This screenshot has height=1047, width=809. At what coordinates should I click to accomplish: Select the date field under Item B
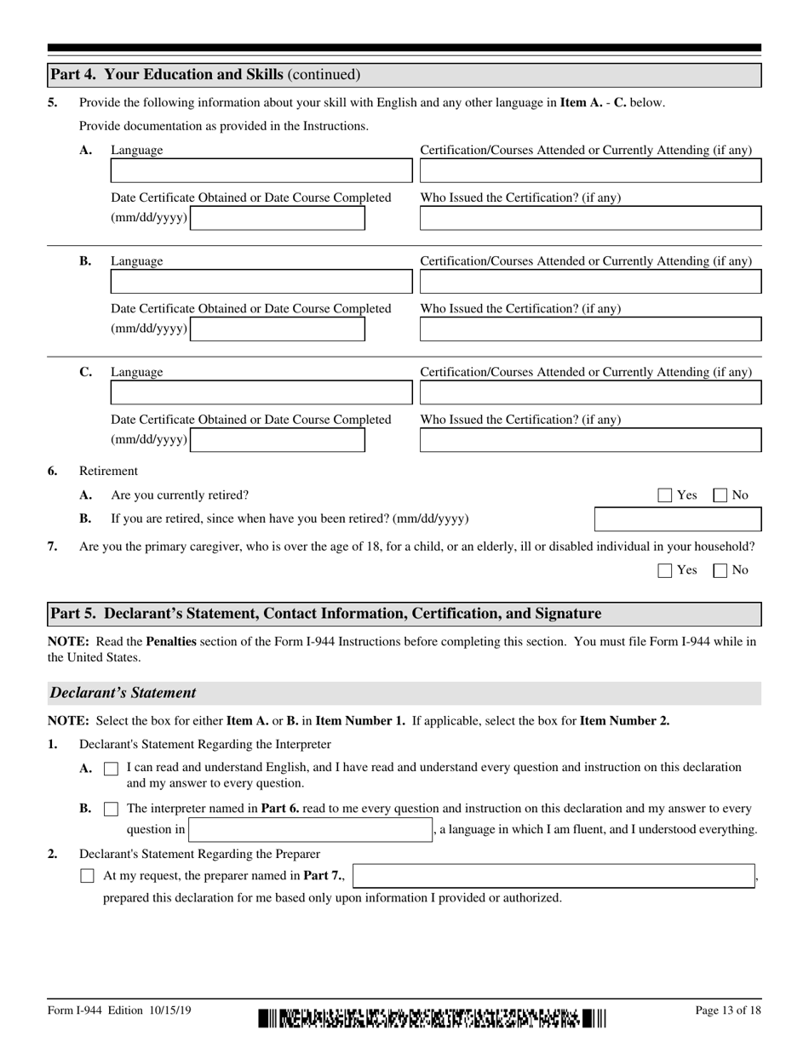pos(278,329)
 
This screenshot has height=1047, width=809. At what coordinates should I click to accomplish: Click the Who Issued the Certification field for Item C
pos(590,440)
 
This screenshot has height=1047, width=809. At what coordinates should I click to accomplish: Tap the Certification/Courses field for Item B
pos(590,282)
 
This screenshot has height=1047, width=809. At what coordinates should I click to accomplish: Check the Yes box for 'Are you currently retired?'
pos(665,495)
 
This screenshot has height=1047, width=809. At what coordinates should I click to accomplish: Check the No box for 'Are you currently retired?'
pos(720,495)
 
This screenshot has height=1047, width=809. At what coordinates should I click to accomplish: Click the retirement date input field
pos(677,519)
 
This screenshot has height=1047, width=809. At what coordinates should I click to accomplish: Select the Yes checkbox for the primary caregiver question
pos(665,570)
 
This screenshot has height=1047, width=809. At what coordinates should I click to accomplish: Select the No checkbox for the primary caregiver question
pos(720,570)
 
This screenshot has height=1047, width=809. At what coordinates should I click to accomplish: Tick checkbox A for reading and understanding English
pos(111,769)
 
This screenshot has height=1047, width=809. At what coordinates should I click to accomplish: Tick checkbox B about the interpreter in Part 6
pos(111,809)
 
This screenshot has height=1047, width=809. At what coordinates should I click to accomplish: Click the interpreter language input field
pos(311,830)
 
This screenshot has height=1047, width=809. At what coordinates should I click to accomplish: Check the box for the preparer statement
pos(87,875)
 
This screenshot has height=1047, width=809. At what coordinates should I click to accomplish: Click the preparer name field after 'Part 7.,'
pos(554,875)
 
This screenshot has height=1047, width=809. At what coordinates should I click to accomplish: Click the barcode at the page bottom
pos(432,1018)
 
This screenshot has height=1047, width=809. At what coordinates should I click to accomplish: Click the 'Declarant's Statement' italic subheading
pos(123,693)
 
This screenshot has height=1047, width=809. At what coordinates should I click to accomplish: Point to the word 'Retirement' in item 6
pos(108,471)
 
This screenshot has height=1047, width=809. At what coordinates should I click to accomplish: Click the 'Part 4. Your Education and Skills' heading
pos(204,75)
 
